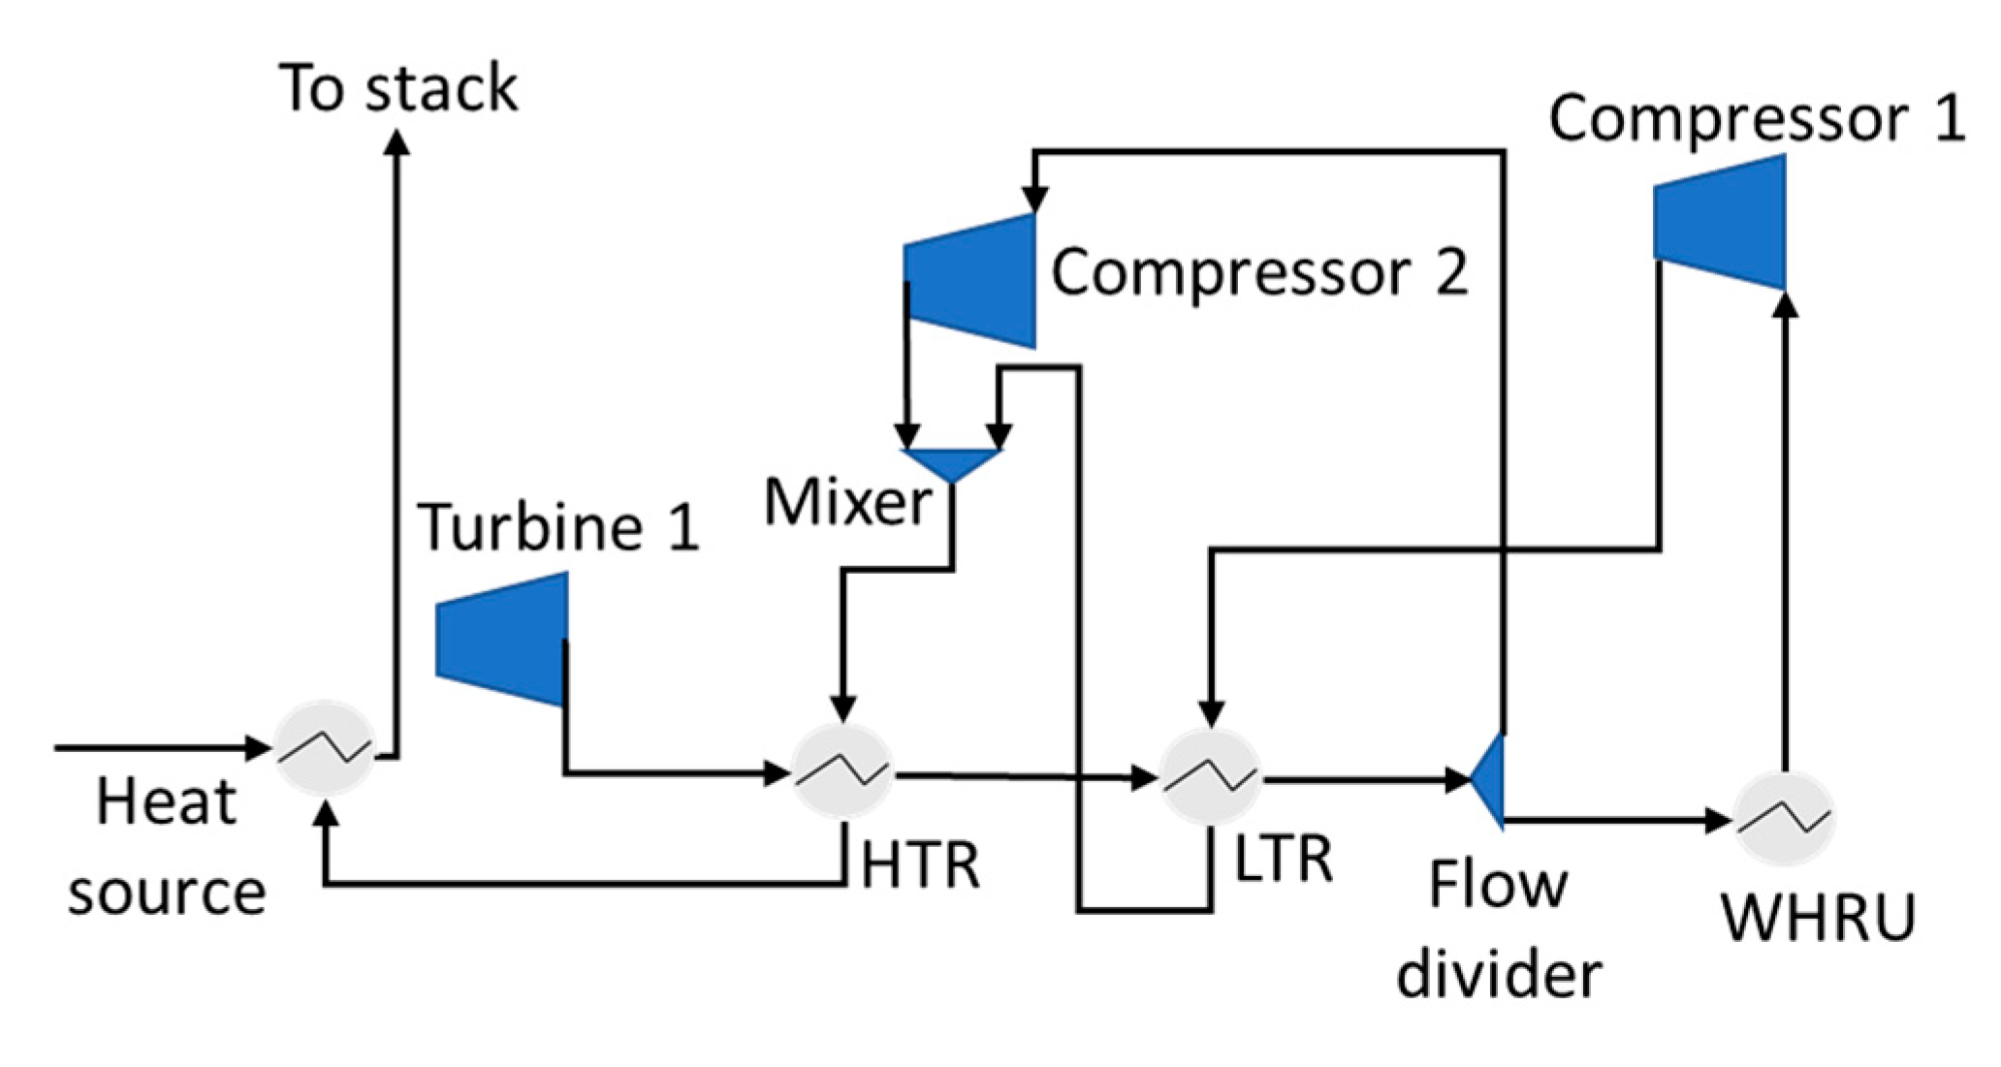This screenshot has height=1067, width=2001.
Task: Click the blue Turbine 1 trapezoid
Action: click(x=502, y=639)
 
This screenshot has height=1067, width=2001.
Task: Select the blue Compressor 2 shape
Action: click(x=971, y=281)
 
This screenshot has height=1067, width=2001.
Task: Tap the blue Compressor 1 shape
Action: click(x=1720, y=222)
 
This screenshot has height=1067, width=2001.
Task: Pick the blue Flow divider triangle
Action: click(x=1491, y=779)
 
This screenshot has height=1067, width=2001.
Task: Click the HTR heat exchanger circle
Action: click(x=842, y=772)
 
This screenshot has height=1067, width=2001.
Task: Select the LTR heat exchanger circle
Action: click(x=1210, y=777)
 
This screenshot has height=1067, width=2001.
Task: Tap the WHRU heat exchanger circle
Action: click(x=1783, y=820)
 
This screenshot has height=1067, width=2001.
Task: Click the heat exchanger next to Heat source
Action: click(x=324, y=747)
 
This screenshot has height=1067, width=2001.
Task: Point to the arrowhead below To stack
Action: click(x=397, y=142)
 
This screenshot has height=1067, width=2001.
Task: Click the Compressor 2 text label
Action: click(x=1259, y=272)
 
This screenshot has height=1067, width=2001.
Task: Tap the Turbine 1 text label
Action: click(x=558, y=527)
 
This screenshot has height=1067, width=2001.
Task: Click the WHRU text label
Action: click(x=1819, y=917)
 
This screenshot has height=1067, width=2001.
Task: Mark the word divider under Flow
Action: click(x=1499, y=975)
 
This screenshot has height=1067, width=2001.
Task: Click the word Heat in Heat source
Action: click(x=166, y=802)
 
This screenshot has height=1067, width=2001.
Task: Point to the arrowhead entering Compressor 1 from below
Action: click(x=1785, y=304)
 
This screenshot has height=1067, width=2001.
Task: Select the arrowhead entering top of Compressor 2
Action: click(x=1034, y=199)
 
